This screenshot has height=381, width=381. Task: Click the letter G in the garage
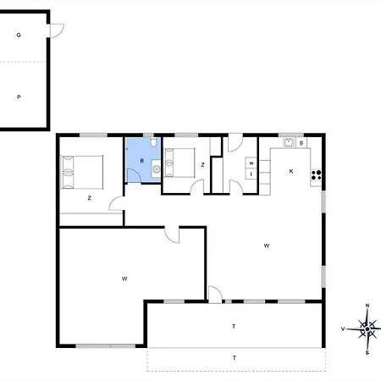18,36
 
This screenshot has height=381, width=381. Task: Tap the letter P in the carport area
18,97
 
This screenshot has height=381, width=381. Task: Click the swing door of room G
56,31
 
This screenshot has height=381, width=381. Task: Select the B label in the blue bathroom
142,160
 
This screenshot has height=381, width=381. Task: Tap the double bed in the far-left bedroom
81,172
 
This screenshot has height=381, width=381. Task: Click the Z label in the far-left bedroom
89,198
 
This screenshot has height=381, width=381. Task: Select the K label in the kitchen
290,171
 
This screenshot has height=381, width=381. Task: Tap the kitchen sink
288,143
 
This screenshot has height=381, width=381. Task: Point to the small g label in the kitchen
301,142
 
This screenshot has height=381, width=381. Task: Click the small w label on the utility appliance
251,162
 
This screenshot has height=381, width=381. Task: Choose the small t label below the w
251,174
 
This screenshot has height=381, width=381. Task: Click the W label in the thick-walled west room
124,278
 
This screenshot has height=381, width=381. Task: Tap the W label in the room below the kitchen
266,246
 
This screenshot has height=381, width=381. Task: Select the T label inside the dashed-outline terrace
234,358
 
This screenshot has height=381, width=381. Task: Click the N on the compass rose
367,305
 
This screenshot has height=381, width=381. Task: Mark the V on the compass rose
343,328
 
